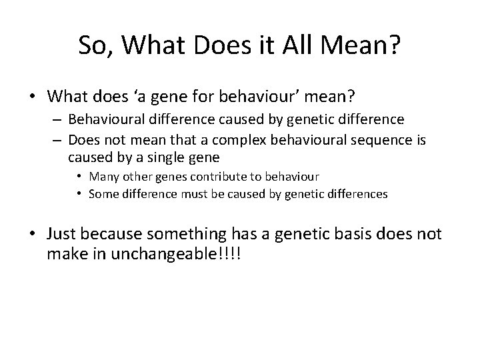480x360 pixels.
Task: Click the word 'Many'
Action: pyautogui.click(x=102, y=177)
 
